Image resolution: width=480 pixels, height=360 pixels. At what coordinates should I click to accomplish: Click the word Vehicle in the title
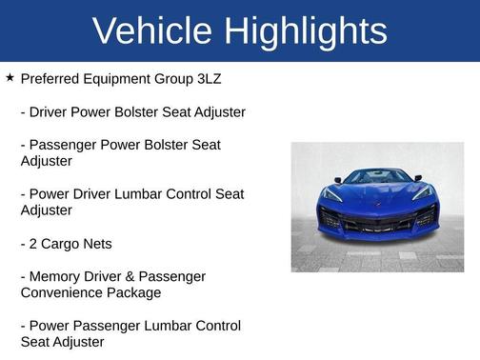point(153,31)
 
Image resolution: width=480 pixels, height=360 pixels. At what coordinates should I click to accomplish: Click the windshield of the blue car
point(377,177)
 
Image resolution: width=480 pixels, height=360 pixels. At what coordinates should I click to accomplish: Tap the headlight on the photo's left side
point(330,194)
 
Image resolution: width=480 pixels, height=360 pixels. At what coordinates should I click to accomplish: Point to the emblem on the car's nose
point(377,204)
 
